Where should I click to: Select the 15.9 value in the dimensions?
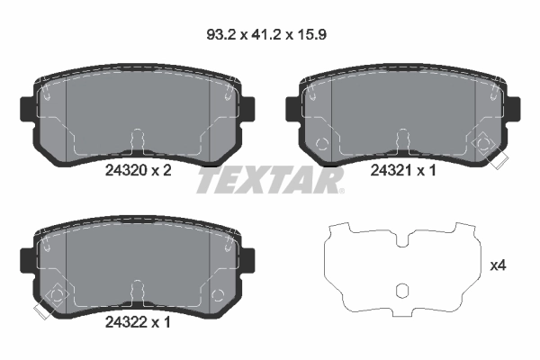tap(312, 37)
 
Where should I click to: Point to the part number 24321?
tap(390, 171)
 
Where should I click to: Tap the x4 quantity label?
tap(498, 265)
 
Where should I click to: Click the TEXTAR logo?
tap(270, 181)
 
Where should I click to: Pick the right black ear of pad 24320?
tap(248, 108)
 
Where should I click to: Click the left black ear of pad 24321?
tap(292, 108)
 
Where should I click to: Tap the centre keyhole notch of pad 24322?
tap(137, 289)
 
